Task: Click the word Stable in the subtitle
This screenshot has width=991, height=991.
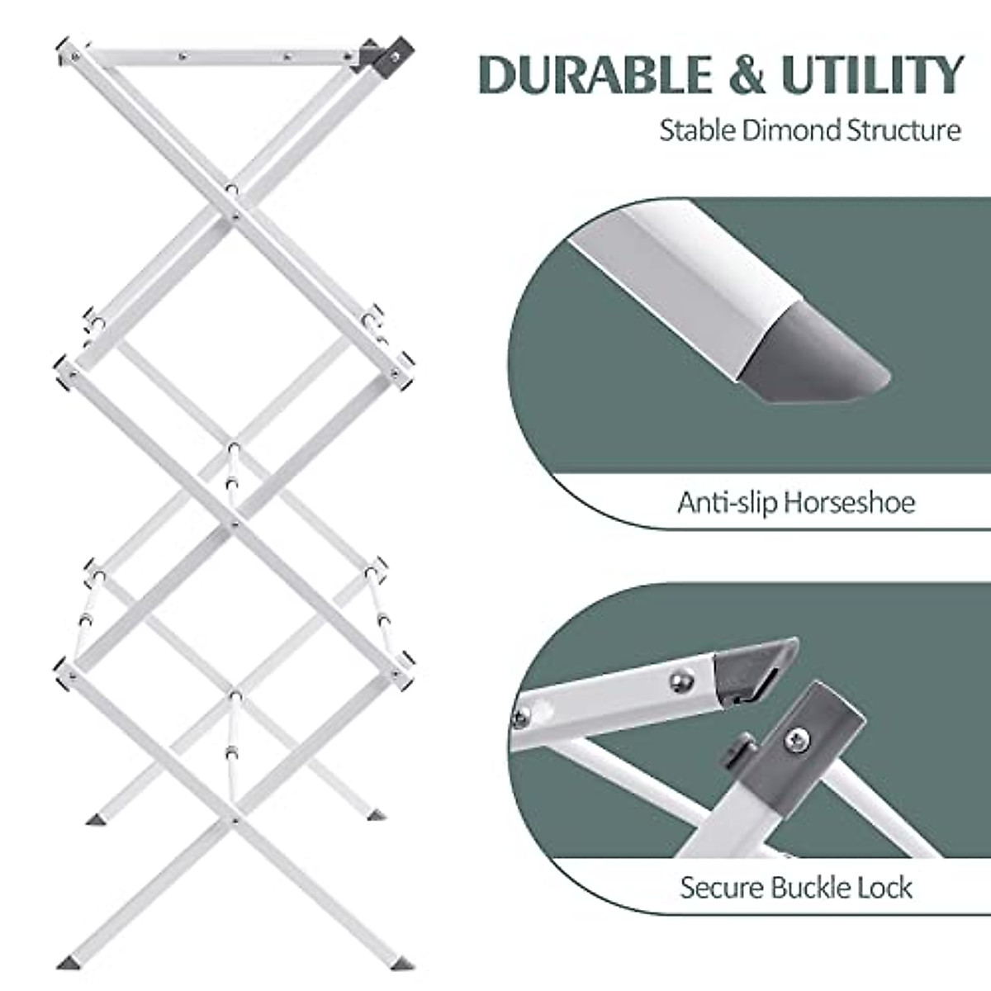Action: click(696, 130)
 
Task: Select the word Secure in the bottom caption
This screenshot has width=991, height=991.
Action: click(722, 888)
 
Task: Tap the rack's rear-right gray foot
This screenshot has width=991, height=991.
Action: click(376, 814)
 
